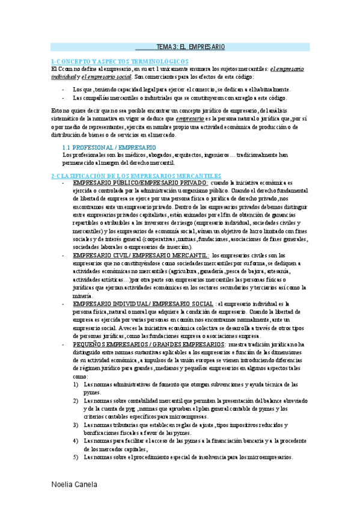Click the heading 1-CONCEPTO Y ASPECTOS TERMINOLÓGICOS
click(120, 61)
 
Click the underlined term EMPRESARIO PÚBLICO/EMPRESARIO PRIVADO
click(140, 182)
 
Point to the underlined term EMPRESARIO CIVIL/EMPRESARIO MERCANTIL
click(141, 255)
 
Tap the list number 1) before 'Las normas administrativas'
click(76, 384)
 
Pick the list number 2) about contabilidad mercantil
click(76, 400)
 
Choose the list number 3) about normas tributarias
click(76, 425)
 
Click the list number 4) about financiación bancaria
click(76, 441)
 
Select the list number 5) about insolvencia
click(76, 457)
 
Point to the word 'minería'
click(82, 296)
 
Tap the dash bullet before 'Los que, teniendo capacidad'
click(64, 89)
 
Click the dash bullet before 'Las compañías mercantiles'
click(64, 97)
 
